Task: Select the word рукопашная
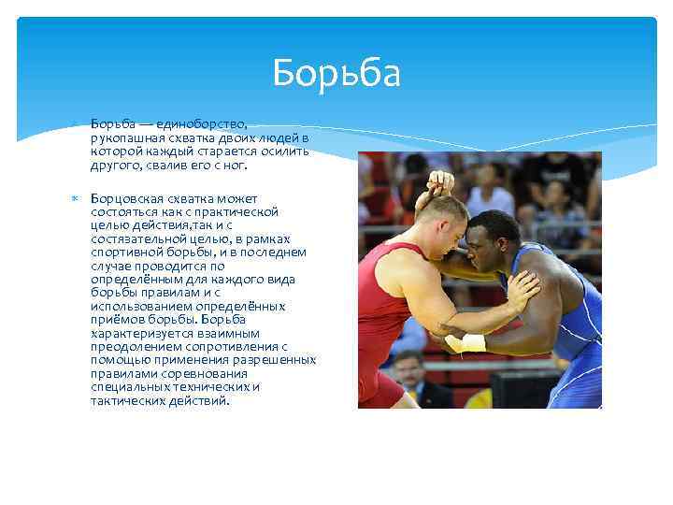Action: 124,137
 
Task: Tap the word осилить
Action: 283,151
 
